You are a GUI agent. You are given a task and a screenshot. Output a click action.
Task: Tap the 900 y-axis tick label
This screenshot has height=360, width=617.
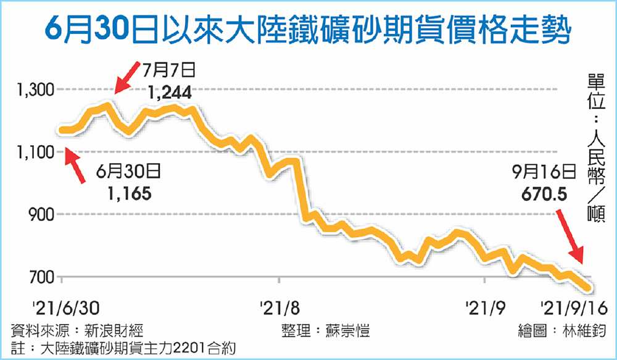click(43, 214)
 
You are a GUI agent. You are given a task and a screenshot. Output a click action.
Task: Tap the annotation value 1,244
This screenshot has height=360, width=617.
click(170, 93)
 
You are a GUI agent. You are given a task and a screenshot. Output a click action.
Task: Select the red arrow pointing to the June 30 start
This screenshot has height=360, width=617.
click(75, 166)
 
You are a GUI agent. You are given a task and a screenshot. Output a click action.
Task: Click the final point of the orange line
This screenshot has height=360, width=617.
click(590, 288)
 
